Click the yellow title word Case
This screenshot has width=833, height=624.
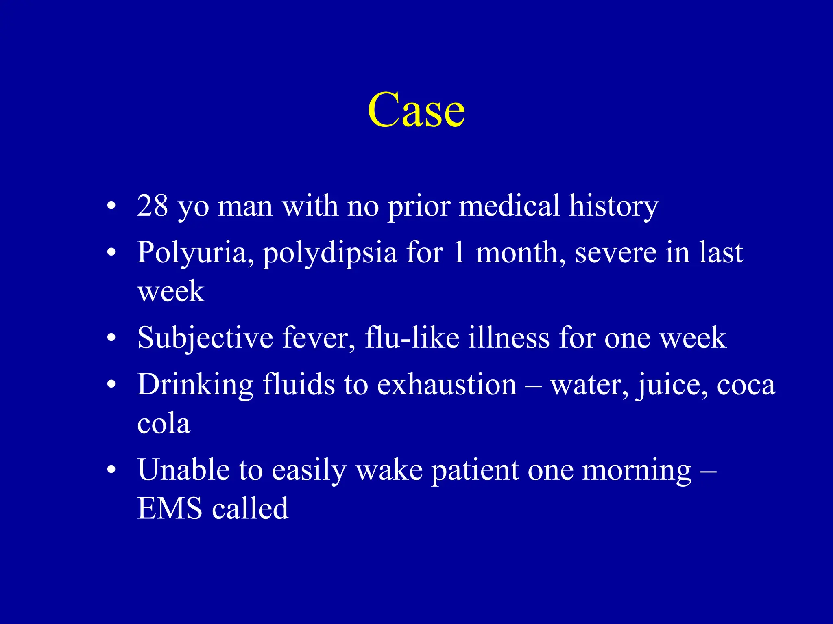click(416, 110)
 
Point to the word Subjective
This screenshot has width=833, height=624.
click(205, 338)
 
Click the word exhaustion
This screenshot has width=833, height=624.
click(447, 384)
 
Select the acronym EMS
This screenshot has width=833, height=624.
click(170, 508)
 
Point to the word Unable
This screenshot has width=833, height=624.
click(183, 470)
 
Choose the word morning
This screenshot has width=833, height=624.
click(636, 470)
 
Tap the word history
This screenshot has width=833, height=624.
click(613, 206)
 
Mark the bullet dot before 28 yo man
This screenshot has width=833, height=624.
click(111, 206)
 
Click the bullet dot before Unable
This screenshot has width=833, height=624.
click(111, 470)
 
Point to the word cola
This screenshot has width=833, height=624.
click(164, 423)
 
